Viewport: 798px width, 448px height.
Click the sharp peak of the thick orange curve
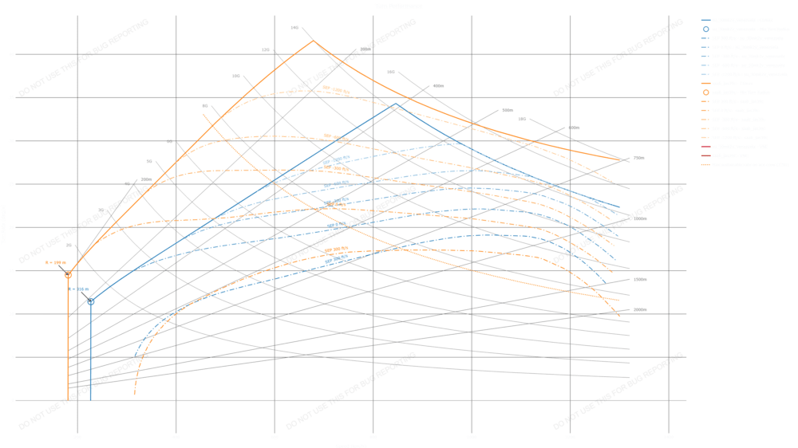click(313, 40)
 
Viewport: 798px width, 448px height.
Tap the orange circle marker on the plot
click(68, 275)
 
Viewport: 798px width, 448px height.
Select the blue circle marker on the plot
click(91, 301)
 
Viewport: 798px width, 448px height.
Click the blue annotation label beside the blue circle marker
click(79, 289)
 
